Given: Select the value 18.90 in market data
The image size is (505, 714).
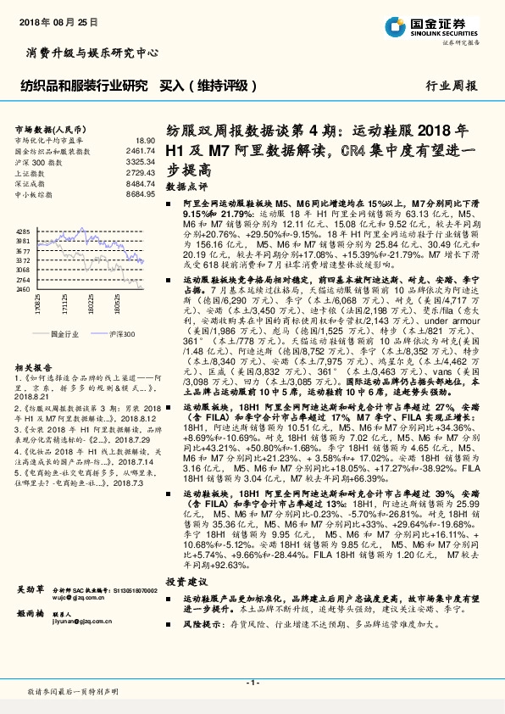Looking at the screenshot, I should coord(145,140).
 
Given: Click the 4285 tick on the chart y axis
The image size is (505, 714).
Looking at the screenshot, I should coord(23,231).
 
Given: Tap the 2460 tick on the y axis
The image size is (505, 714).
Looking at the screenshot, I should coord(23,289).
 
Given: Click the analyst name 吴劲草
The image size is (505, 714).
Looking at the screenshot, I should coord(31,588).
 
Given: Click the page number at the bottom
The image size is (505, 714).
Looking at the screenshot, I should coord(252,683).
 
